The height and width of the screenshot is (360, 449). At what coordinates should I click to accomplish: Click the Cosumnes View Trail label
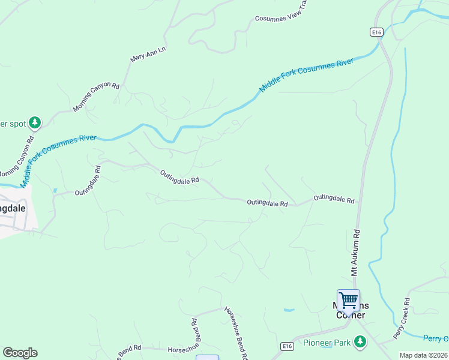click(281, 19)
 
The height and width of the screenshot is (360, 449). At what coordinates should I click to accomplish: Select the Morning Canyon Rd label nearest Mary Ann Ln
click(96, 96)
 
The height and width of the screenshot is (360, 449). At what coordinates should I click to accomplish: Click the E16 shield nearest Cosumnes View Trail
click(376, 32)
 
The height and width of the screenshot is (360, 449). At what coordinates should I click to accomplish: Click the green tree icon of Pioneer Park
click(360, 341)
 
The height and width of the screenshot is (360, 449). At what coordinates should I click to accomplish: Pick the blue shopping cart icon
click(348, 299)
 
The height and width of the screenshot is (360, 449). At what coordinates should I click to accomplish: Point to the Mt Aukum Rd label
click(355, 251)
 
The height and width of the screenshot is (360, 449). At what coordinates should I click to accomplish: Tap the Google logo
click(20, 353)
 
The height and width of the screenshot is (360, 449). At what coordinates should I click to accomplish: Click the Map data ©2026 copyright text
click(423, 355)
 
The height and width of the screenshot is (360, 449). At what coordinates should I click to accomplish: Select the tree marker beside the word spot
click(35, 123)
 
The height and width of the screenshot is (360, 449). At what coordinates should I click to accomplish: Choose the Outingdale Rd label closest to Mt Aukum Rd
click(334, 198)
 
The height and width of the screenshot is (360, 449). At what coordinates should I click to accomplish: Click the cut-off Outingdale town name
click(12, 208)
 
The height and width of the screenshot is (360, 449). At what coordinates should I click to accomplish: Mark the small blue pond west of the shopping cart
click(289, 310)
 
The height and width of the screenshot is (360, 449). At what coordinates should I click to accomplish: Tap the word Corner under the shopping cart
click(351, 316)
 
